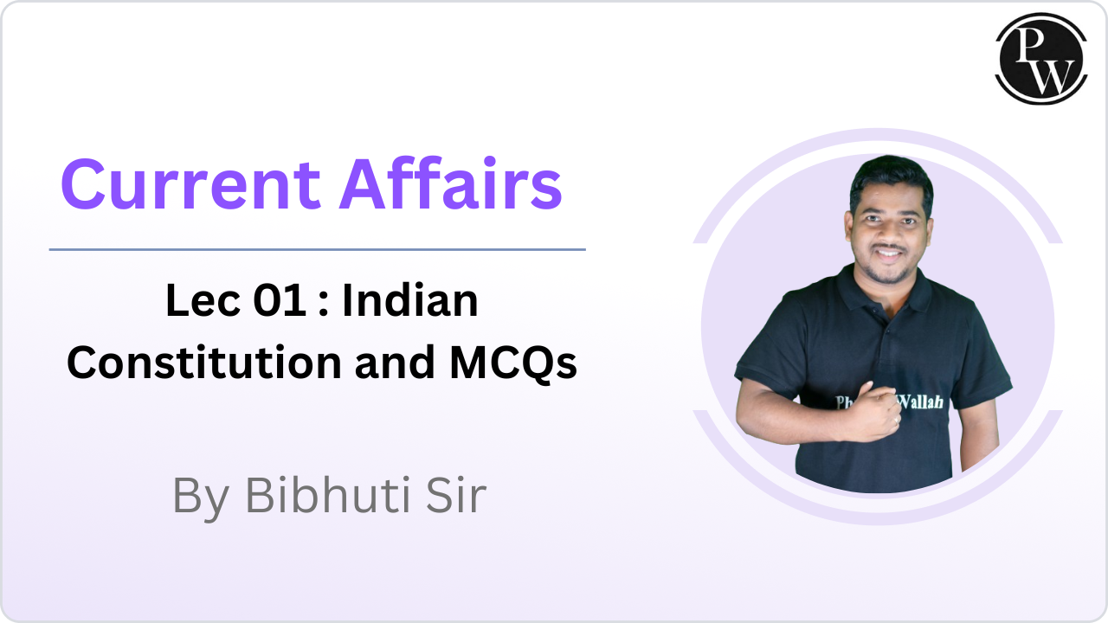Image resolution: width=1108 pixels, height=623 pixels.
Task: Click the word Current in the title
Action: pos(191,184)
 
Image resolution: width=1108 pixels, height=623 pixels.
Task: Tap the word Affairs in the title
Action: pos(451,183)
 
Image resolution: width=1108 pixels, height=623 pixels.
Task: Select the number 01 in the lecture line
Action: pos(280,300)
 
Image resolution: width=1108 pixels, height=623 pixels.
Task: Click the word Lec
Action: pos(203,300)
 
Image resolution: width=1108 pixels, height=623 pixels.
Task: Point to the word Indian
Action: pos(410,300)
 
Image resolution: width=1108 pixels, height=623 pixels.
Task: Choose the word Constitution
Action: pos(204,363)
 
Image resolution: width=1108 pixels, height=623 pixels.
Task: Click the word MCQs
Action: pos(513,363)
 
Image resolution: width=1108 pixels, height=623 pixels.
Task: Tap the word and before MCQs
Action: pos(395,363)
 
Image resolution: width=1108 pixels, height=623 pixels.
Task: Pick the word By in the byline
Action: pos(201,498)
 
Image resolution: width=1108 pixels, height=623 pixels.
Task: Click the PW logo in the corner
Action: pos(1041,59)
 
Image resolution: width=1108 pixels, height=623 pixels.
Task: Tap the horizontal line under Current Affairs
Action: pos(318,250)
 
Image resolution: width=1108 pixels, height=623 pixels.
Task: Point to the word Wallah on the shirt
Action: pos(920,401)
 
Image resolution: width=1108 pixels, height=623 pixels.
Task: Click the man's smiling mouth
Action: pos(889,254)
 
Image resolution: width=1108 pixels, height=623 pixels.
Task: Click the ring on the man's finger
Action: pos(896,421)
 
